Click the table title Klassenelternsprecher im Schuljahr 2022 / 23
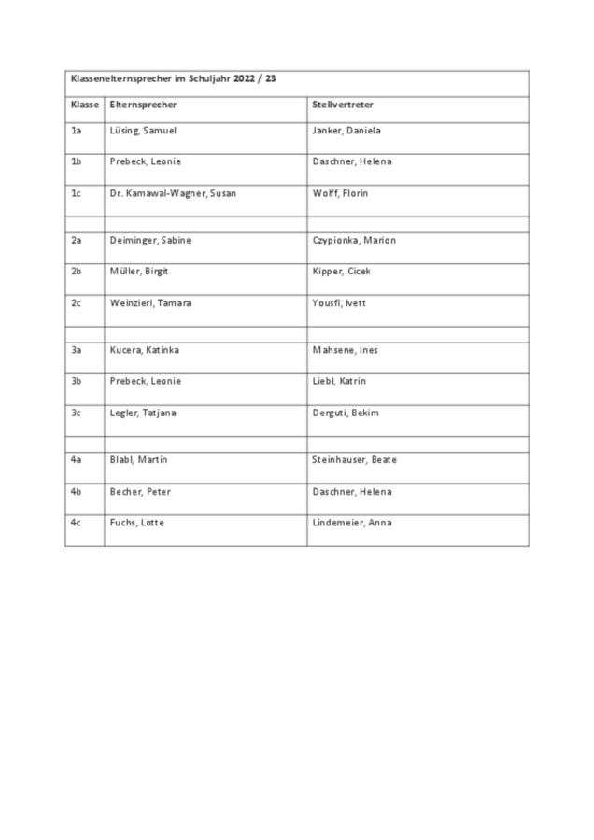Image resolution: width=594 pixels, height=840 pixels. click(x=174, y=79)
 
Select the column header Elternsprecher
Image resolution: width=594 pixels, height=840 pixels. click(x=143, y=105)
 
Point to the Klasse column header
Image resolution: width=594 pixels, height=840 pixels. click(x=85, y=105)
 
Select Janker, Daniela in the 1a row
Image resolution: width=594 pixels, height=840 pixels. click(x=346, y=131)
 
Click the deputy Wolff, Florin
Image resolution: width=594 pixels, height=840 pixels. click(x=340, y=193)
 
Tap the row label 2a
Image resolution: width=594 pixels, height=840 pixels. click(x=77, y=240)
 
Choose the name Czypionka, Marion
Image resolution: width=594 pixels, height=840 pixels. click(x=354, y=240)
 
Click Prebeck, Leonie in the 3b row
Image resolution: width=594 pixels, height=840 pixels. click(x=146, y=381)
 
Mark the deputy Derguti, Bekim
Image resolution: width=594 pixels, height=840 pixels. click(x=346, y=413)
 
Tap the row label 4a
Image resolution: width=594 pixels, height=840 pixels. click(x=77, y=460)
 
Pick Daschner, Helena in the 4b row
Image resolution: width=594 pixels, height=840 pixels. click(x=352, y=492)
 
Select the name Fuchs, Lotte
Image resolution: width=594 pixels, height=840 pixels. click(x=137, y=523)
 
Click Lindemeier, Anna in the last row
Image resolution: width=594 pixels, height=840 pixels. click(x=352, y=523)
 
